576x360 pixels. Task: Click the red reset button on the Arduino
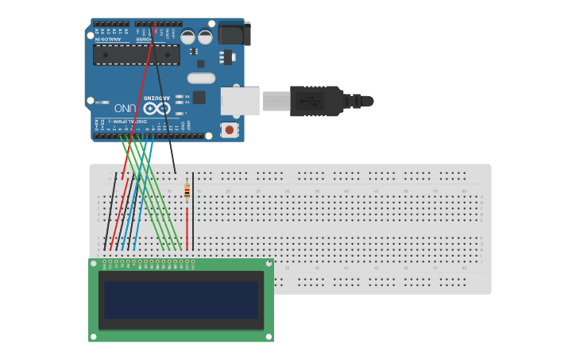click(230, 129)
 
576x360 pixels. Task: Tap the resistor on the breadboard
click(187, 191)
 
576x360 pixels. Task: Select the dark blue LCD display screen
click(181, 300)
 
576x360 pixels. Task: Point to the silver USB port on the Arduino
click(240, 101)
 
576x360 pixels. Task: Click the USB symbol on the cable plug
click(309, 101)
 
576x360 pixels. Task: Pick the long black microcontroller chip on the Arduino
click(136, 55)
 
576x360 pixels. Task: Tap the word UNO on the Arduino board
click(126, 108)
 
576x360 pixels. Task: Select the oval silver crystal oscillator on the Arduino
click(201, 78)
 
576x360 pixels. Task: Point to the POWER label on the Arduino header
click(144, 38)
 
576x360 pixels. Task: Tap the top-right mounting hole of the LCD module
click(269, 263)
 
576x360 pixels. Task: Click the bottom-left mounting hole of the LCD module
click(93, 337)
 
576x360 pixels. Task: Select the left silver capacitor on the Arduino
click(187, 37)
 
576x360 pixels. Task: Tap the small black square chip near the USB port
click(199, 97)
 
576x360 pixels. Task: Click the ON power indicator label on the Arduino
click(99, 103)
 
